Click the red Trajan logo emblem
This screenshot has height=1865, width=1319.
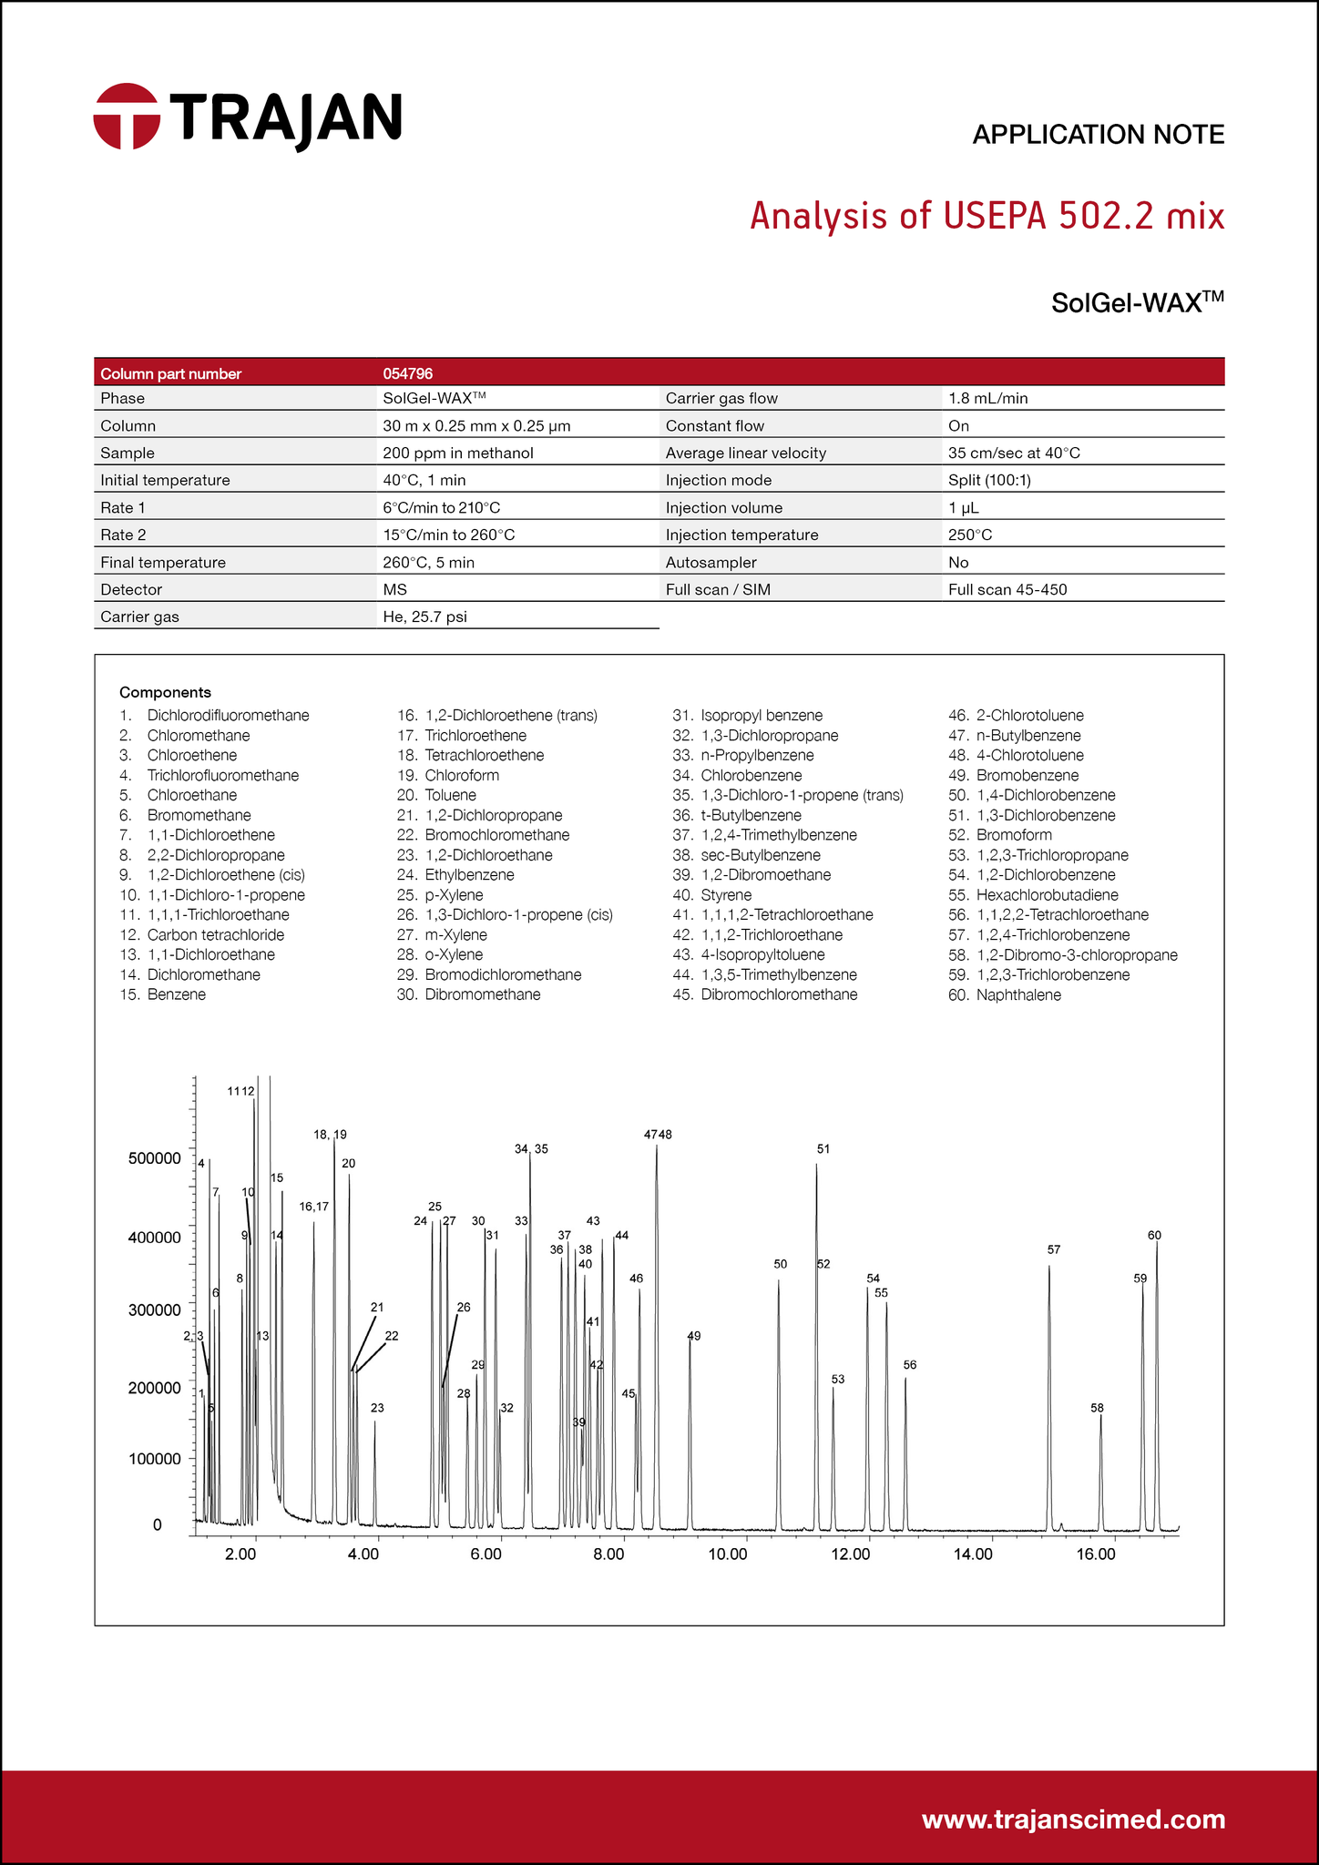point(127,116)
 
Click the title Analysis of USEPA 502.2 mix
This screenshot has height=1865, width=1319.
point(987,217)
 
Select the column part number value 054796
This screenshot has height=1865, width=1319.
point(407,373)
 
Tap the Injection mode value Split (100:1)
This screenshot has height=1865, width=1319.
point(989,480)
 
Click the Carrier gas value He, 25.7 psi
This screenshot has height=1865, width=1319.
point(424,617)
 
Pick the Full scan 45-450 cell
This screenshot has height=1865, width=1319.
point(1007,589)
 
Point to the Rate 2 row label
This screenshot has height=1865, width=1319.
point(123,535)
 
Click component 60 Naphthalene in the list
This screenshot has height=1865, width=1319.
point(1017,994)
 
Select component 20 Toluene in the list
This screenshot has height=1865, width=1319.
point(450,795)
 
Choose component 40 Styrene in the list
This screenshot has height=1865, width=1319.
point(725,895)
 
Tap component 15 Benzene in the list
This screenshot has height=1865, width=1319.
point(176,994)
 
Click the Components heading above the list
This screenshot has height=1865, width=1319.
point(165,692)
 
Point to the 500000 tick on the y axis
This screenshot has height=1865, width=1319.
point(155,1158)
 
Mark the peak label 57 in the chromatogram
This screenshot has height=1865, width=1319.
point(1054,1249)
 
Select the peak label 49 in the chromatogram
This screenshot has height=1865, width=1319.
point(694,1336)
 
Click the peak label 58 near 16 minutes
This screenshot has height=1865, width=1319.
point(1097,1408)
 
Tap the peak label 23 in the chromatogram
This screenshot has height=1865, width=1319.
point(377,1408)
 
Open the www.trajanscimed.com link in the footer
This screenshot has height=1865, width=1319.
point(1073,1819)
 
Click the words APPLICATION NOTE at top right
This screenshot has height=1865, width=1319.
point(1098,135)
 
